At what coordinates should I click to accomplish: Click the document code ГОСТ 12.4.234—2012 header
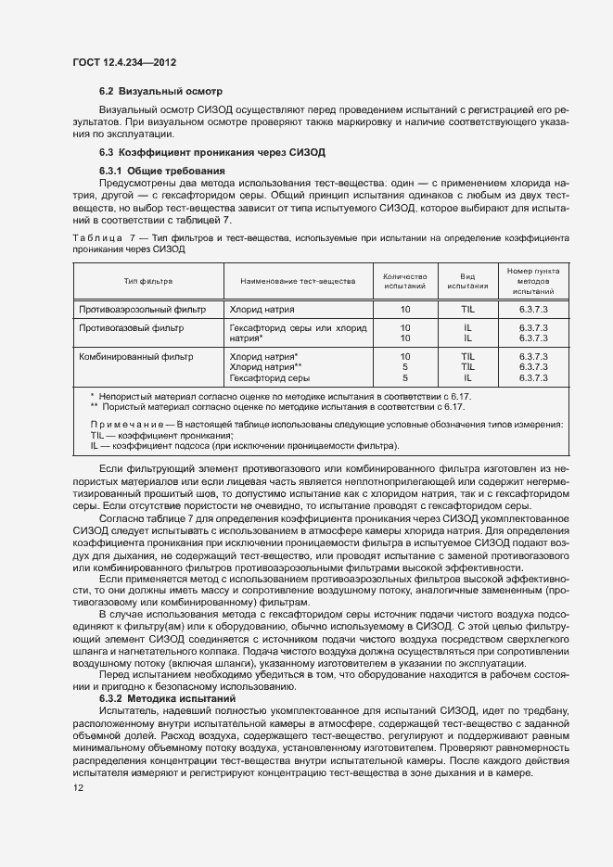pos(123,63)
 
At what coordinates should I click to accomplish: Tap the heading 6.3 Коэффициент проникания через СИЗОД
pos(211,152)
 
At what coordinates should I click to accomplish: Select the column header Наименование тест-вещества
pos(297,280)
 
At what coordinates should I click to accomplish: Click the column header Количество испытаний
pos(404,280)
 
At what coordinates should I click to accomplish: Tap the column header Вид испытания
pos(467,280)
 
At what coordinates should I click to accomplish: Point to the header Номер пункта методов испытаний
pos(533,280)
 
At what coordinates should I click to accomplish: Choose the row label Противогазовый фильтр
pos(131,328)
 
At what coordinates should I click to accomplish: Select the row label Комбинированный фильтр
pos(135,356)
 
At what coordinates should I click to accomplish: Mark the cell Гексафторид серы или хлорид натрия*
pos(297,334)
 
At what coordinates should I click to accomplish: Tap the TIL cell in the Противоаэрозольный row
pos(467,308)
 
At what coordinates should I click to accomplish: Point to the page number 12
pos(78,788)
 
